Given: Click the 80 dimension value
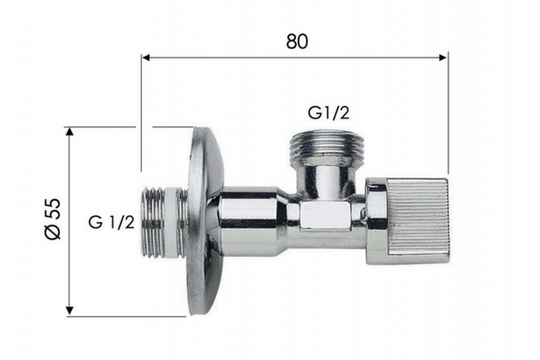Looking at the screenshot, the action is click(x=297, y=41).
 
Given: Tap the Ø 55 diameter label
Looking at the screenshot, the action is click(x=53, y=219).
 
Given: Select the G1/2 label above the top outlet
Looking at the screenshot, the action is click(x=328, y=113).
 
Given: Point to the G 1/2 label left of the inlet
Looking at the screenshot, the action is click(x=111, y=222).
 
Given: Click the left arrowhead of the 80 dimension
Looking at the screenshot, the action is click(x=146, y=58).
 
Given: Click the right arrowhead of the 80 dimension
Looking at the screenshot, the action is click(x=442, y=58).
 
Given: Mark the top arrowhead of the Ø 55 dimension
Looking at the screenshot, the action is click(x=69, y=132).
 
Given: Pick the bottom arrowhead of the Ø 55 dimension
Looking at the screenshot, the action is click(x=69, y=310).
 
